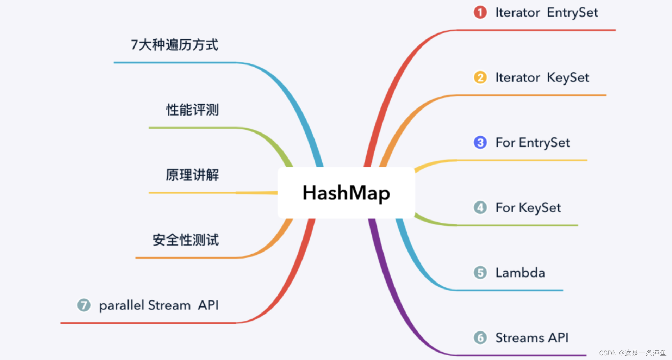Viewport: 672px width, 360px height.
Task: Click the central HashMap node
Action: click(x=346, y=193)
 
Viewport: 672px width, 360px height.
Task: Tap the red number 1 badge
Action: click(x=480, y=12)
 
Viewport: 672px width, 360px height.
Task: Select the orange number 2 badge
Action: click(x=480, y=77)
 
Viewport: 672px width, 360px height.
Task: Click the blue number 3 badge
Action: click(x=480, y=143)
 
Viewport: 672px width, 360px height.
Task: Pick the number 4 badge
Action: click(x=480, y=207)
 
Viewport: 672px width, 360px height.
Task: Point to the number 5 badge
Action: click(x=480, y=273)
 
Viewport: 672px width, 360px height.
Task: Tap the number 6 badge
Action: click(x=480, y=337)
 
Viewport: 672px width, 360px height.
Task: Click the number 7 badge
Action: click(x=84, y=305)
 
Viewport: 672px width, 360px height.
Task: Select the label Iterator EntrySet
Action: click(x=546, y=13)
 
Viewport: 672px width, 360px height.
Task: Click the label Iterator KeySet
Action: click(x=542, y=78)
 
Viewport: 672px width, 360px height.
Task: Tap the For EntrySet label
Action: click(x=533, y=143)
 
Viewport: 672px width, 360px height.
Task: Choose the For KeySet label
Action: click(x=528, y=208)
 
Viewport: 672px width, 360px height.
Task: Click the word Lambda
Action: click(x=520, y=273)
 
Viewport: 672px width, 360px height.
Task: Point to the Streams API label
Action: click(x=532, y=338)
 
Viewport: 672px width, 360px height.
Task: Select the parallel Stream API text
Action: click(x=159, y=305)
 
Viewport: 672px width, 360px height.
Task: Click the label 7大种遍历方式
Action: click(x=175, y=45)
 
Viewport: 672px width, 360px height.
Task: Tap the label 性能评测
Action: click(x=192, y=110)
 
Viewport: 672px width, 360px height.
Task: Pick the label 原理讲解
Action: click(x=192, y=175)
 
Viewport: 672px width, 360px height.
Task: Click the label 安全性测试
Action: click(x=186, y=240)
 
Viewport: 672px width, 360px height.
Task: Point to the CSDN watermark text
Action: click(x=633, y=353)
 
